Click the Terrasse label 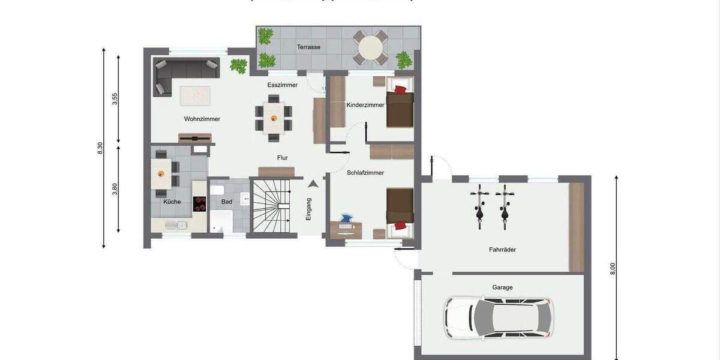(308, 47)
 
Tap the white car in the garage (498, 317)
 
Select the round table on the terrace (372, 47)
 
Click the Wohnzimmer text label (202, 119)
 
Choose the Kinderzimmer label (365, 105)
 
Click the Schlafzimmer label (365, 173)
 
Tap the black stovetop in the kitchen (199, 204)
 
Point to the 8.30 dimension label (100, 148)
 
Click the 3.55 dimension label (115, 99)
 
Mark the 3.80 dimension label (115, 190)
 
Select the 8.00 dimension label (613, 269)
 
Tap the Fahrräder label (502, 250)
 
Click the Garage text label (502, 287)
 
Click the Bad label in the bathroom (227, 202)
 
